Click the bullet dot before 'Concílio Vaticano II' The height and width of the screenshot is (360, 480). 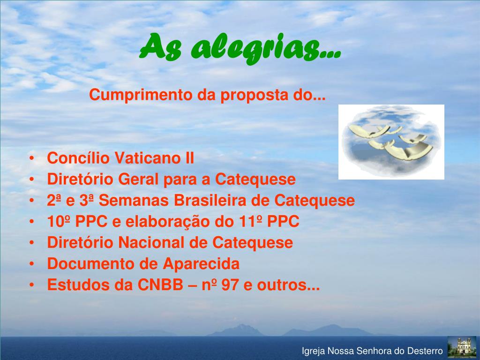point(31,159)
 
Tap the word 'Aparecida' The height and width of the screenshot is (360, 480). point(201,264)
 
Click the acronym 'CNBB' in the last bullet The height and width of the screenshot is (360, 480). point(160,285)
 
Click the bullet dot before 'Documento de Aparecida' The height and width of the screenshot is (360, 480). point(31,264)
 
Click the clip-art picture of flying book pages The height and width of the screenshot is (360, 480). point(391,142)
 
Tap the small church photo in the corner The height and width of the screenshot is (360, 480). point(462,347)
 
